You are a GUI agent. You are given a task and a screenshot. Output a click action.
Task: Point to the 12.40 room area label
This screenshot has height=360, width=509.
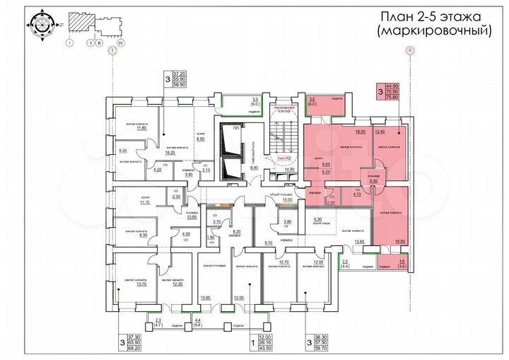pyautogui.click(x=380, y=132)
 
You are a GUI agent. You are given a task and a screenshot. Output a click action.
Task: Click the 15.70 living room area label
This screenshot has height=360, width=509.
pyautogui.click(x=132, y=284)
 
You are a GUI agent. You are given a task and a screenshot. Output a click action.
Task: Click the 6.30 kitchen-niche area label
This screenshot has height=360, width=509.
pyautogui.click(x=317, y=219)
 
